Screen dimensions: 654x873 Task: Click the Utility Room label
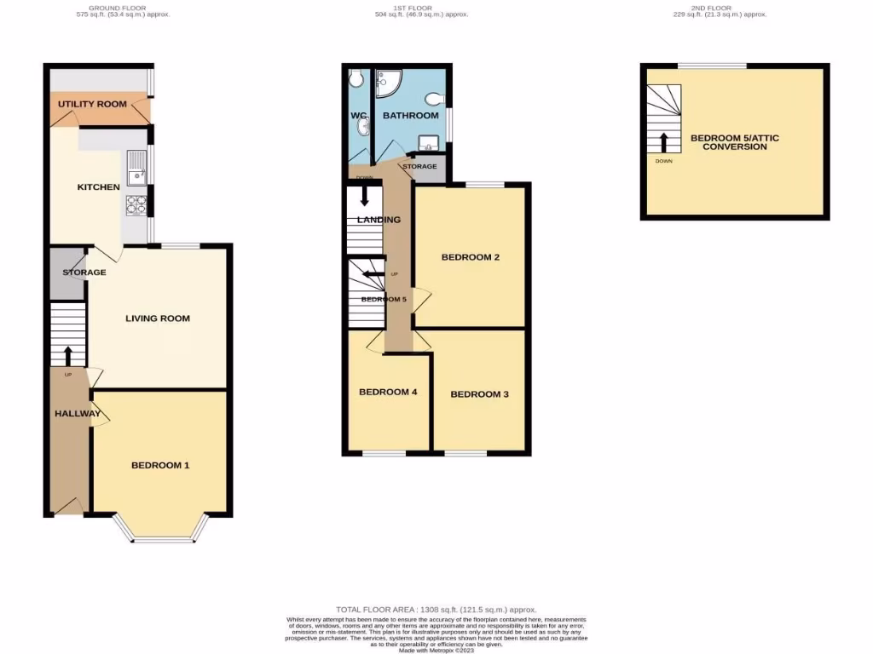point(92,104)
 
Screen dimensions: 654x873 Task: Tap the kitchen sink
point(136,168)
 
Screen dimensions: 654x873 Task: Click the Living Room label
point(158,318)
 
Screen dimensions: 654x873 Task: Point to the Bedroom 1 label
point(160,465)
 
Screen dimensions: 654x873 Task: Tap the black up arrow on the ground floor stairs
point(67,353)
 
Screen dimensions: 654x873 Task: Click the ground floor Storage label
point(84,272)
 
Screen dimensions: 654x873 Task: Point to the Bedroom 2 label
point(470,257)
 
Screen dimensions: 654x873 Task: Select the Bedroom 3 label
point(479,394)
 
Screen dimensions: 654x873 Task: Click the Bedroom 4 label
point(388,393)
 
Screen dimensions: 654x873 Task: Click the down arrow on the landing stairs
point(365,197)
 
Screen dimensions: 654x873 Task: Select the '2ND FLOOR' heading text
point(731,8)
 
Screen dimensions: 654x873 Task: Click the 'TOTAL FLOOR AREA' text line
point(436,610)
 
